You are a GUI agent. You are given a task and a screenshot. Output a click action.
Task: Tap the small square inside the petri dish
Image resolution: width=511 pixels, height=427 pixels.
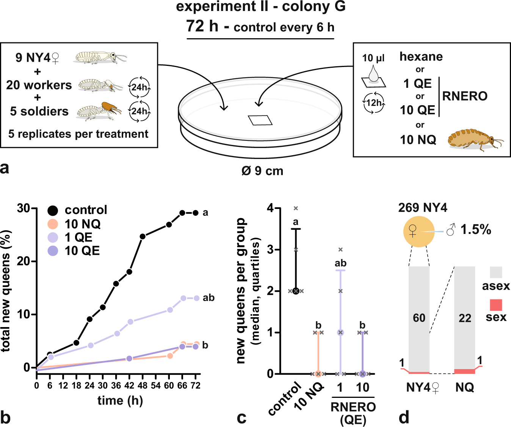[x=260, y=120]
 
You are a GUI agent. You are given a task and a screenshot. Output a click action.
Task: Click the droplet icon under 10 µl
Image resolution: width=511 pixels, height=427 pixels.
[x=373, y=74]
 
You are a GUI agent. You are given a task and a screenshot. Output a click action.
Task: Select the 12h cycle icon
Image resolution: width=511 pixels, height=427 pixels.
[x=374, y=103]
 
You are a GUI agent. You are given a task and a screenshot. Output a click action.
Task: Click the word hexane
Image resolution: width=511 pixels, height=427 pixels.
[x=421, y=57]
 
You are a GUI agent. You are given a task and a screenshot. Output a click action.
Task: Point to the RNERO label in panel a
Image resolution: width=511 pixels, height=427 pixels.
[x=465, y=96]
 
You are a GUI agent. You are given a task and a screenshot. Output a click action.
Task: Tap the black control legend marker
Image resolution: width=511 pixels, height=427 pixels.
[x=53, y=210]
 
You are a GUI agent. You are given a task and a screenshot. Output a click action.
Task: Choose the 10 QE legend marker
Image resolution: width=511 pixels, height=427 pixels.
[x=53, y=251]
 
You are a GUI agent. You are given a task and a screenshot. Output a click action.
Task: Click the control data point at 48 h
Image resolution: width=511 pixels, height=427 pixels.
[x=143, y=237]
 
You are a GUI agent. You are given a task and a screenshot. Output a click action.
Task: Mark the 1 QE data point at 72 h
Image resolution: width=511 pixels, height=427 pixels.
[x=196, y=298]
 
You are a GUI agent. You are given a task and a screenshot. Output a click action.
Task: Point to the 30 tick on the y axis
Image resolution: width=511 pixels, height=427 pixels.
[x=24, y=208]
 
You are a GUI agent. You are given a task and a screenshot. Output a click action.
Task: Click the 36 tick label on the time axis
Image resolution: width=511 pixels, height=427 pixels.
[x=116, y=386]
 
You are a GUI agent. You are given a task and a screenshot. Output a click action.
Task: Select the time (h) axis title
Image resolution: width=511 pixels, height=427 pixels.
[x=120, y=401]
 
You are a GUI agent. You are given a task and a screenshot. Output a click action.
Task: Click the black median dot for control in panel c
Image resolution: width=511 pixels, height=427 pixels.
[x=296, y=291]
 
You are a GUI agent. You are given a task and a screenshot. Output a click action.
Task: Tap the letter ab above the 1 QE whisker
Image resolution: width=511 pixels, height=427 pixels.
[x=340, y=263]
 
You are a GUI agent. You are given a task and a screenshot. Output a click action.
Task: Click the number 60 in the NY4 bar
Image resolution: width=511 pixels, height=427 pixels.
[x=419, y=318]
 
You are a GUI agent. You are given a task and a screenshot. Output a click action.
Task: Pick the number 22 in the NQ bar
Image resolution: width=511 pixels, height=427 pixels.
[x=465, y=318]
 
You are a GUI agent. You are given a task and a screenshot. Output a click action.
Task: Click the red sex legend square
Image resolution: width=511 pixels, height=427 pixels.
[x=496, y=305]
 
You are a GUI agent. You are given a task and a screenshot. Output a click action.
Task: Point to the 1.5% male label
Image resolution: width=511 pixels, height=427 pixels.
[x=475, y=229]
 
